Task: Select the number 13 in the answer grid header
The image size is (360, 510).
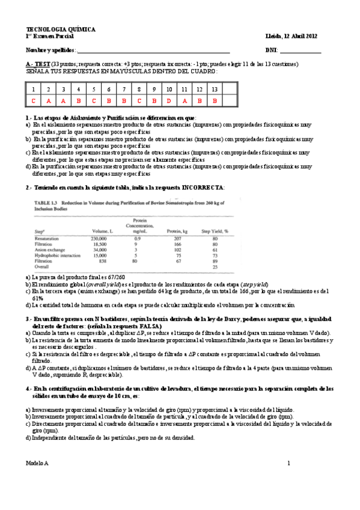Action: [x=215, y=89]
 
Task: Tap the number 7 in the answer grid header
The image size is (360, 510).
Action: [x=124, y=89]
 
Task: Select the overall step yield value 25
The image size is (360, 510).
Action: [x=214, y=266]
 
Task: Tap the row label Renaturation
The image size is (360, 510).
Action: [x=48, y=239]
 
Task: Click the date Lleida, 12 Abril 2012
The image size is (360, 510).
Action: [x=291, y=36]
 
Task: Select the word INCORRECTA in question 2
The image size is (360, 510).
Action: [x=206, y=188]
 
